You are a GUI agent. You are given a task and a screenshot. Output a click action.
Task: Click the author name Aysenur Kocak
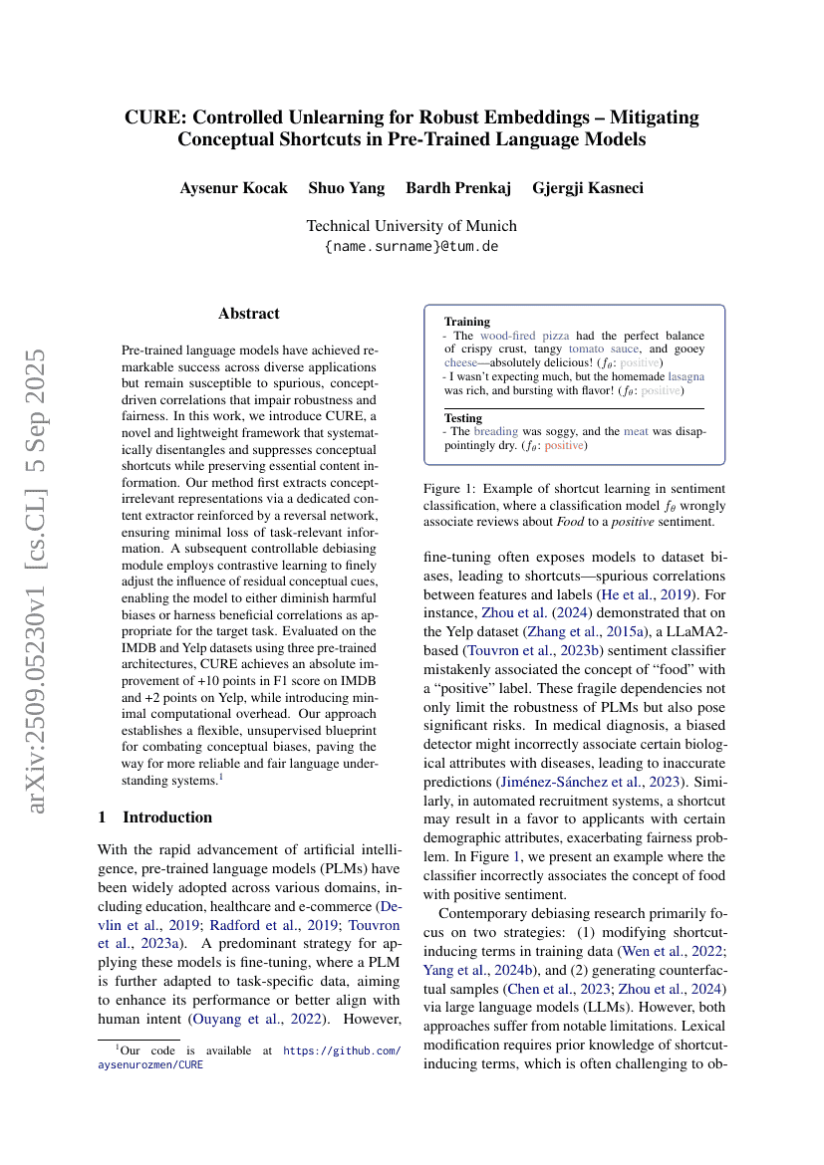click(x=233, y=188)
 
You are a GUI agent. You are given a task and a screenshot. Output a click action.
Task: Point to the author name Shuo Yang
click(x=346, y=188)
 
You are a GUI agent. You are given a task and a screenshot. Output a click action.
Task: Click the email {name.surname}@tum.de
click(x=412, y=246)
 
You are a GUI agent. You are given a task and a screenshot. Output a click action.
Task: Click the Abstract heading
click(x=249, y=314)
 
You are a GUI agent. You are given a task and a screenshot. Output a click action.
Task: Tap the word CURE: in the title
click(x=154, y=117)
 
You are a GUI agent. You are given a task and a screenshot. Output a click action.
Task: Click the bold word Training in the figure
click(x=466, y=322)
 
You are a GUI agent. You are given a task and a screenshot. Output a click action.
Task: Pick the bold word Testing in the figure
click(x=463, y=417)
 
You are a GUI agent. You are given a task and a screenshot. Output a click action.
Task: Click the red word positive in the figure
click(x=565, y=445)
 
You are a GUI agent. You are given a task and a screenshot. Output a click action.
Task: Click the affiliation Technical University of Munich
click(x=412, y=226)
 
